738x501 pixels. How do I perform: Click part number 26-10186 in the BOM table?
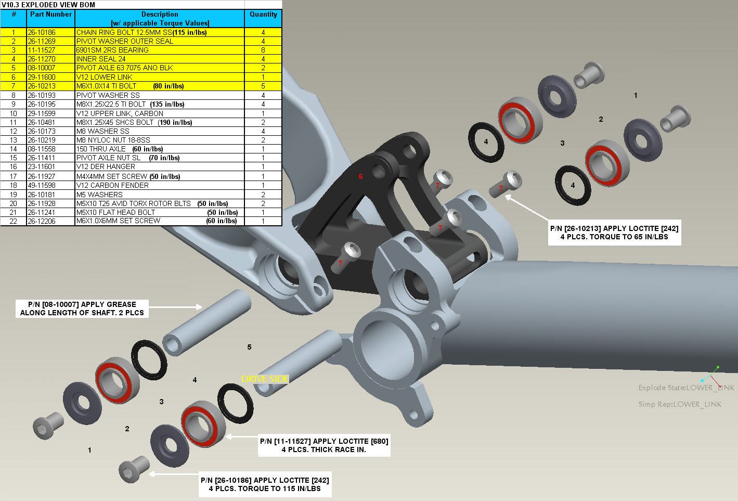coord(42,32)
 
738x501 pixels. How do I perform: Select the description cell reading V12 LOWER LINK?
coord(105,77)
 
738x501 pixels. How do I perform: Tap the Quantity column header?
coord(263,15)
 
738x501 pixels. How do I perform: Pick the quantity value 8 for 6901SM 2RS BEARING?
coord(263,50)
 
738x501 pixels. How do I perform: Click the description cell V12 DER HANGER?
coord(106,167)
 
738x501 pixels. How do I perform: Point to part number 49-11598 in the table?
coord(42,185)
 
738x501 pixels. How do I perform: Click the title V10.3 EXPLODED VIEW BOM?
coord(48,5)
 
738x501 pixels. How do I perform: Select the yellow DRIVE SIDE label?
coord(265,379)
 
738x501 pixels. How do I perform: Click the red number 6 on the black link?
coord(360,177)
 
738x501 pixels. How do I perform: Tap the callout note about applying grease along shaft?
coord(82,309)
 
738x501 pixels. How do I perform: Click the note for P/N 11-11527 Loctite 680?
coord(324,445)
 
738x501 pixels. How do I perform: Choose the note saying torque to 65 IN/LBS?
coord(614,233)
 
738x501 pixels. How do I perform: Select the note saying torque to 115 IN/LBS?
coord(265,484)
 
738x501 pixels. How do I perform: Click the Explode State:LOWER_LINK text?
coord(686,388)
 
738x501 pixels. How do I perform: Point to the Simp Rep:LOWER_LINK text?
coord(680,404)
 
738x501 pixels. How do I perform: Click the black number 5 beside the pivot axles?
coord(249,347)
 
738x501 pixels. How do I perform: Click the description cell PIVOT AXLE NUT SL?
coord(109,158)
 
